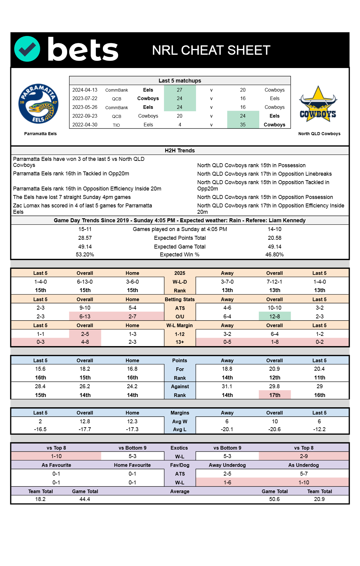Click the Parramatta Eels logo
38,103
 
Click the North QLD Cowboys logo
318,104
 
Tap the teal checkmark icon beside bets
27,49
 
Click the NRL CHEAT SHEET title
211,50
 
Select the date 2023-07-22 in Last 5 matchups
85,99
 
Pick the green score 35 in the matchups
243,125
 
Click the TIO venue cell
116,125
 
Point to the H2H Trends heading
180,151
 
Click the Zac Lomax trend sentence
82,209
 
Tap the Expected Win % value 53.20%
85,255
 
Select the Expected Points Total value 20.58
274,238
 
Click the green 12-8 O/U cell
274,317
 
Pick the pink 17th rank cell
274,395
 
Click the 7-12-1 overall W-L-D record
274,282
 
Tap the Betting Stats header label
180,299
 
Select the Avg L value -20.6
274,429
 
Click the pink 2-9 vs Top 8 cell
304,456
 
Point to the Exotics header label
179,448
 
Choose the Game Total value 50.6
274,499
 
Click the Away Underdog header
227,465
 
